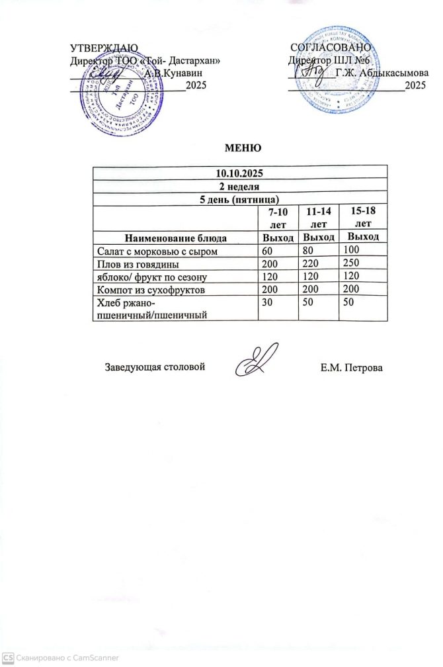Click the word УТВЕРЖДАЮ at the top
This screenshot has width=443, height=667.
[104, 48]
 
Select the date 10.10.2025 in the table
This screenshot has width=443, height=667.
[239, 173]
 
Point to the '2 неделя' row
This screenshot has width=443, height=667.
[239, 186]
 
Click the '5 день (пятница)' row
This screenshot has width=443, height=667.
[239, 199]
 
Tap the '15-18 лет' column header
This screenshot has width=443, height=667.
[363, 218]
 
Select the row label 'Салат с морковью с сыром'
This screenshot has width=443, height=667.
[157, 251]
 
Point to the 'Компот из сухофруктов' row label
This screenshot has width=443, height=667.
[151, 290]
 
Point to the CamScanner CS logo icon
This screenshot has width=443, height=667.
[8, 658]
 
